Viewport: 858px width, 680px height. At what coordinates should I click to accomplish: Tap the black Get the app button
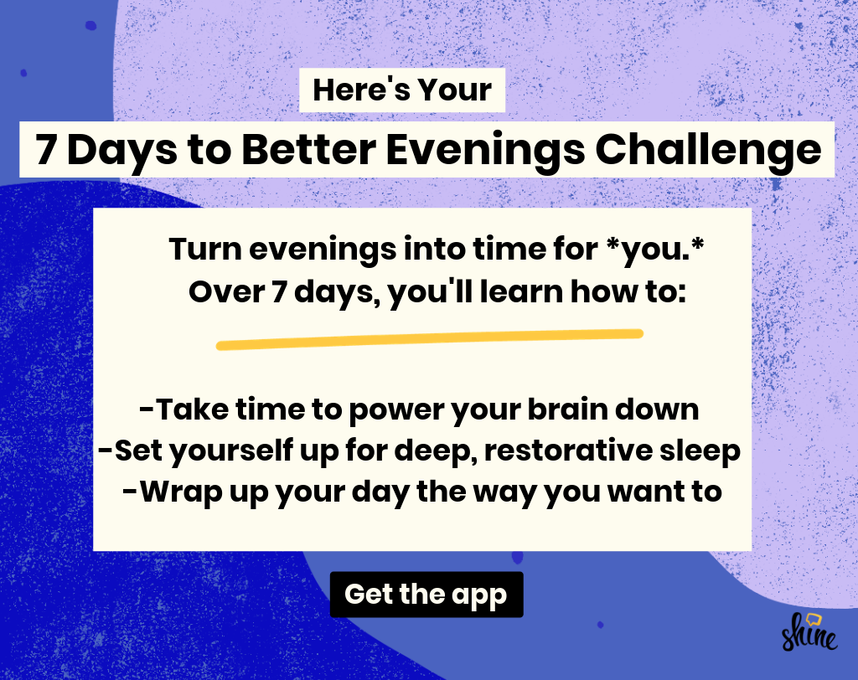pos(426,594)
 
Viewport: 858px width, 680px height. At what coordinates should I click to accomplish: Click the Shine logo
pos(810,632)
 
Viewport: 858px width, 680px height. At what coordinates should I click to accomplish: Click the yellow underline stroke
pos(430,339)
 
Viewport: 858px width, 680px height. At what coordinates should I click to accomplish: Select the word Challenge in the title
pos(708,149)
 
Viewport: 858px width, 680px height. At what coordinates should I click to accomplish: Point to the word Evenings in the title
pos(485,149)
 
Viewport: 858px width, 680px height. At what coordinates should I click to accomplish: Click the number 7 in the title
pos(46,149)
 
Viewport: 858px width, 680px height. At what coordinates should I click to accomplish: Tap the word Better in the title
pos(308,149)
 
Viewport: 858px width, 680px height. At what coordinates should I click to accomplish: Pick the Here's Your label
pos(402,90)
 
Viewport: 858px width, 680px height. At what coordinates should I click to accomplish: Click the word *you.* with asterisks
pos(655,250)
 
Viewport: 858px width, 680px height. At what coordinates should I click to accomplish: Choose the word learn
pos(521,291)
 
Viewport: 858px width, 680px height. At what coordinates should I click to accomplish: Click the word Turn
pos(205,249)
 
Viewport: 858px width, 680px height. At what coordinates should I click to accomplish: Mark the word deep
pos(435,451)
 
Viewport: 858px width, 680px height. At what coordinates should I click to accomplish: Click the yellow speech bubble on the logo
pos(814,620)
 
